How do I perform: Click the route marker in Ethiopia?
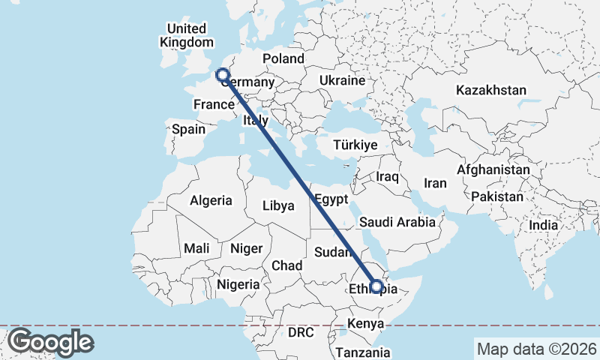[376, 286]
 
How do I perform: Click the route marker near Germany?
[222, 73]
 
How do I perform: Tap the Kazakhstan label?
[491, 90]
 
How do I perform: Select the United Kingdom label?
[186, 35]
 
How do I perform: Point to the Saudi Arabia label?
[397, 222]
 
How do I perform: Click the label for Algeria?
[211, 201]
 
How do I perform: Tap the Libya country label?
[278, 205]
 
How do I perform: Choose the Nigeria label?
[238, 284]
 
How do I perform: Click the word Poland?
[283, 58]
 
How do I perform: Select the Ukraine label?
[342, 80]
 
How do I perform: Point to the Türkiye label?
[355, 145]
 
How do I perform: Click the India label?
[543, 225]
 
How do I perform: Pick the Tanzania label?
[363, 352]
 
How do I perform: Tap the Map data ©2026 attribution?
[536, 349]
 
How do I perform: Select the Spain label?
[188, 129]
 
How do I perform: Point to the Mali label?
[196, 248]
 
